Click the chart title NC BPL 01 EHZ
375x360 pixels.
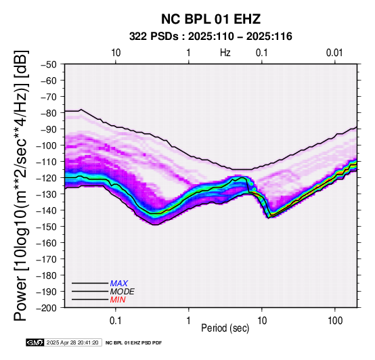click(x=211, y=19)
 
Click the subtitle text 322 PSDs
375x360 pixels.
click(x=154, y=37)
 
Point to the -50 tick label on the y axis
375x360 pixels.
click(x=48, y=64)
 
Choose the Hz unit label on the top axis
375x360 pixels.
click(x=225, y=53)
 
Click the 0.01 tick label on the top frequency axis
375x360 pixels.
click(x=334, y=53)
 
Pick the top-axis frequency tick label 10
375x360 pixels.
click(x=116, y=53)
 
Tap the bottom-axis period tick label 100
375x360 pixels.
click(x=335, y=321)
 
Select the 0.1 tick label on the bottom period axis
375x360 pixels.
click(x=116, y=321)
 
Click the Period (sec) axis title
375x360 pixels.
click(x=225, y=328)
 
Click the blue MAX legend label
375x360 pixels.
click(x=119, y=284)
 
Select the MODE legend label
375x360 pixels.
click(x=123, y=292)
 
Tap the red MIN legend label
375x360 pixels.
click(x=118, y=300)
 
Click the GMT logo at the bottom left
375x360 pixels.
click(x=35, y=342)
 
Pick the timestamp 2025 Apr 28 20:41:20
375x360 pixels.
click(x=72, y=342)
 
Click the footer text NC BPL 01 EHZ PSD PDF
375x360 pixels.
click(x=134, y=343)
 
